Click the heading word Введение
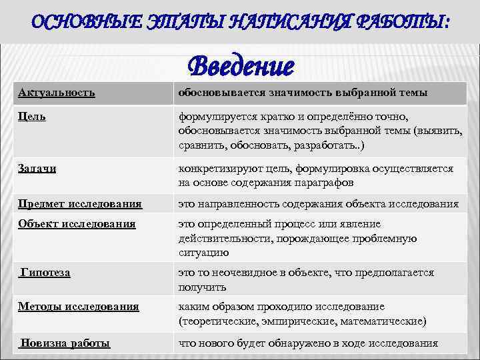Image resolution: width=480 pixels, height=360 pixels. (241, 67)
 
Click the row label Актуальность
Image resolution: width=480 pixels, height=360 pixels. (56, 92)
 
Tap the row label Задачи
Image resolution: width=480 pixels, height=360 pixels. (37, 169)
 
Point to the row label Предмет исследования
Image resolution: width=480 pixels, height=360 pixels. (80, 203)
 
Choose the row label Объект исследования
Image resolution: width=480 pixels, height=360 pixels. (77, 224)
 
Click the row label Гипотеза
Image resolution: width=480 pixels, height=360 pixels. (45, 272)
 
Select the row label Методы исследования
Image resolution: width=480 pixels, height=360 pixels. (79, 307)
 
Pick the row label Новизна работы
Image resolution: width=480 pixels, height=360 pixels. (65, 343)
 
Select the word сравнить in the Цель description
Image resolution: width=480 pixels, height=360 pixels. (201, 145)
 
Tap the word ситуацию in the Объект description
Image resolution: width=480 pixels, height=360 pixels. (203, 253)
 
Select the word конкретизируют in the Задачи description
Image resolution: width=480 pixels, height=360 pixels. (219, 169)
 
